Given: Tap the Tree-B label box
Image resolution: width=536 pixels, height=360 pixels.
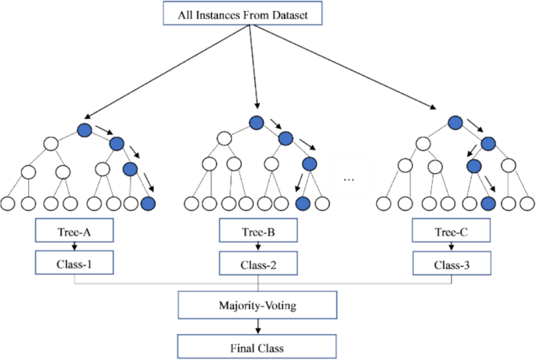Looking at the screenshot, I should pyautogui.click(x=257, y=231).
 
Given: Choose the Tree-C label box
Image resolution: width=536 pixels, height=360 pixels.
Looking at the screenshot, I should pyautogui.click(x=451, y=231).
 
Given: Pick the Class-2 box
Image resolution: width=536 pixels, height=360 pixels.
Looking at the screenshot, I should pyautogui.click(x=257, y=263).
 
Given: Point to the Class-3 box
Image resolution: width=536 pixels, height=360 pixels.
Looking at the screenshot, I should pyautogui.click(x=451, y=263).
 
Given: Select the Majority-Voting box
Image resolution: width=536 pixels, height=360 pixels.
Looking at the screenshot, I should pyautogui.click(x=257, y=303).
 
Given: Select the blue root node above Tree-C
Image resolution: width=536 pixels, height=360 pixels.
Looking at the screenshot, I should pyautogui.click(x=455, y=122).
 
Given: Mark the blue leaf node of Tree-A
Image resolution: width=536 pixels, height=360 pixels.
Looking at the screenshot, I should pyautogui.click(x=149, y=204).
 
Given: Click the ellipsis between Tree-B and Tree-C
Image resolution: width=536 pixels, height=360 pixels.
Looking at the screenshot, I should pyautogui.click(x=350, y=179).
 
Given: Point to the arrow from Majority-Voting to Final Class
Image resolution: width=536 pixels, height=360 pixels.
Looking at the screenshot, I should pyautogui.click(x=257, y=324).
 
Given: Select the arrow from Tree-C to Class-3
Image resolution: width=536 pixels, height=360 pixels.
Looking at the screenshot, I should pyautogui.click(x=451, y=247).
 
